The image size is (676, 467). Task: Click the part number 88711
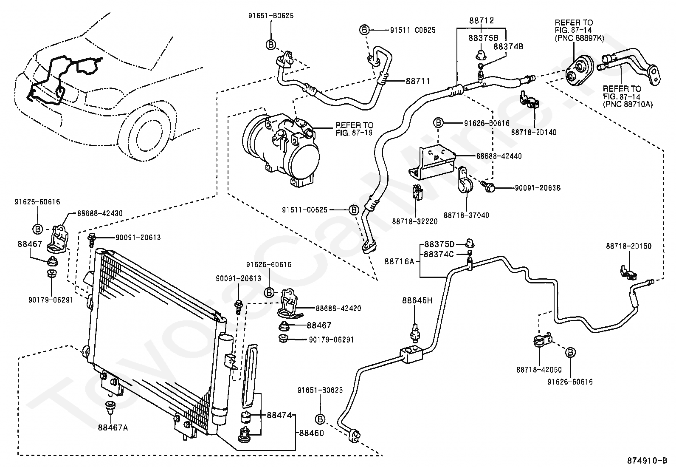[418, 81]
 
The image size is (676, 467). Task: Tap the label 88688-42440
[499, 156]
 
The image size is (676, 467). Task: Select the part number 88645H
[417, 300]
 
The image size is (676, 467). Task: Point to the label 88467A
[113, 427]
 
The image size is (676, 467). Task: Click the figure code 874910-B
[647, 460]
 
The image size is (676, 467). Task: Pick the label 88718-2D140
[534, 132]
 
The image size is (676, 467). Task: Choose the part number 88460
[311, 433]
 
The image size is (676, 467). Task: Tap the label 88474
[279, 415]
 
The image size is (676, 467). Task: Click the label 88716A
[399, 262]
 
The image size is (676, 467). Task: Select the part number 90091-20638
[538, 188]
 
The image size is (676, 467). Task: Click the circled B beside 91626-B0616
[438, 123]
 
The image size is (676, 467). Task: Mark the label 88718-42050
[539, 370]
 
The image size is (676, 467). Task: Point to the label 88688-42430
[100, 213]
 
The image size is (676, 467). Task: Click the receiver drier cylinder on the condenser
[223, 379]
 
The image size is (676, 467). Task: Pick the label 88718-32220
[415, 221]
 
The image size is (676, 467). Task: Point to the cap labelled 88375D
[470, 243]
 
